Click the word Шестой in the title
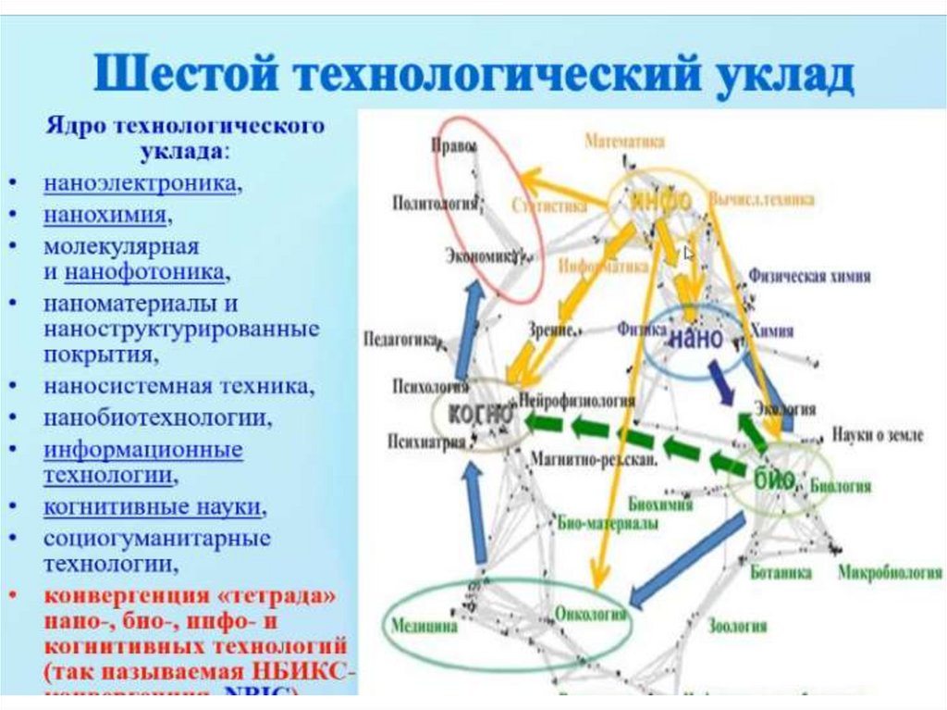click(178, 75)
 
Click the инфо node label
click(661, 200)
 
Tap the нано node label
click(695, 338)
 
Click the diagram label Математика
click(625, 141)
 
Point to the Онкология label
click(591, 614)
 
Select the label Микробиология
click(890, 573)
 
